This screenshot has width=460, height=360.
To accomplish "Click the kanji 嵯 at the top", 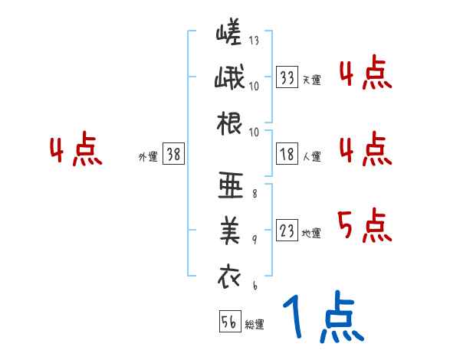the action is (230, 34).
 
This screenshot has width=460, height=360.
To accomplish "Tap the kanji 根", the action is (230, 124).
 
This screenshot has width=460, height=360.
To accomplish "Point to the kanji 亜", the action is (230, 186).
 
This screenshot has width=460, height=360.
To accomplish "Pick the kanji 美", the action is (230, 231).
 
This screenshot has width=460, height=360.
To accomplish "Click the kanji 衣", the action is (230, 276).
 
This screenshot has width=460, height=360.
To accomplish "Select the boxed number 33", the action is (287, 77).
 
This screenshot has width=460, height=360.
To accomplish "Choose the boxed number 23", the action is (287, 231).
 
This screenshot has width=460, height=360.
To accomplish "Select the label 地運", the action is (311, 233).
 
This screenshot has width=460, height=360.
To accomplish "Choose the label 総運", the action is (255, 324).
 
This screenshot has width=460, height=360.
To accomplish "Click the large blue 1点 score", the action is (322, 318).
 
